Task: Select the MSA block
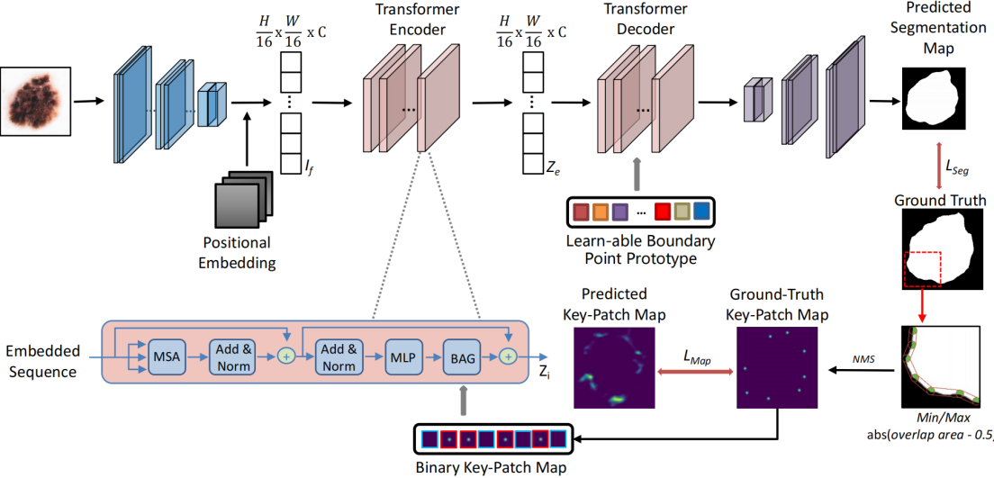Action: coord(167,357)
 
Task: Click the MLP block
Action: coord(399,357)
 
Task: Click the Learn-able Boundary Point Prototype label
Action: coord(640,251)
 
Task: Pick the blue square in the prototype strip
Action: coord(700,212)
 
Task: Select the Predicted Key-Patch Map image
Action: coord(612,366)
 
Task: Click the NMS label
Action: coord(862,359)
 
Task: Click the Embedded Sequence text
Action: coord(42,359)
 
